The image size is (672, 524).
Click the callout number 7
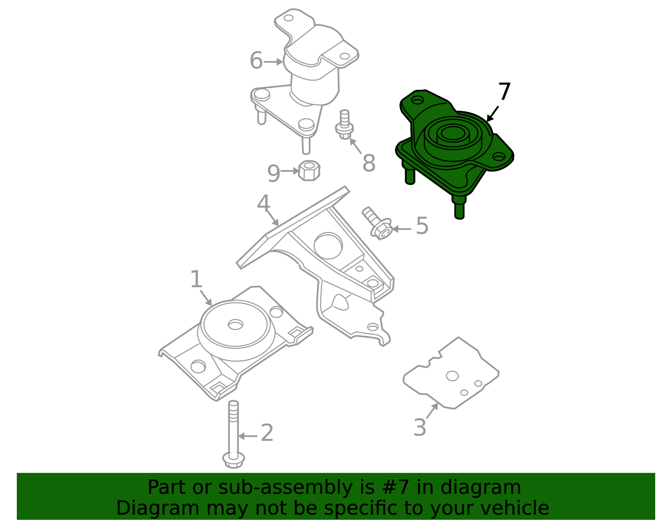(x=504, y=91)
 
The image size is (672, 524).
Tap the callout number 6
(x=256, y=61)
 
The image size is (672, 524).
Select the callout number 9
(x=273, y=173)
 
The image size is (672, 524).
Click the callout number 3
(x=420, y=428)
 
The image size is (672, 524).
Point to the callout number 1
(x=196, y=279)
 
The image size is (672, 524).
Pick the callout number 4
(x=263, y=203)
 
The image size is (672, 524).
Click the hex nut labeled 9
(x=309, y=170)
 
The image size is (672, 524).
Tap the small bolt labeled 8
(x=344, y=125)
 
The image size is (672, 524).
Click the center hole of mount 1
(x=235, y=324)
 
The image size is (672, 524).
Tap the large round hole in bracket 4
(x=328, y=246)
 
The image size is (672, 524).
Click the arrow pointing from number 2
(x=248, y=436)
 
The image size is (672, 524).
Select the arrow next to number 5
(x=402, y=229)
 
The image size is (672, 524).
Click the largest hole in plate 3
(x=452, y=375)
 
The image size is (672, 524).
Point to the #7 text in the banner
(x=394, y=488)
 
